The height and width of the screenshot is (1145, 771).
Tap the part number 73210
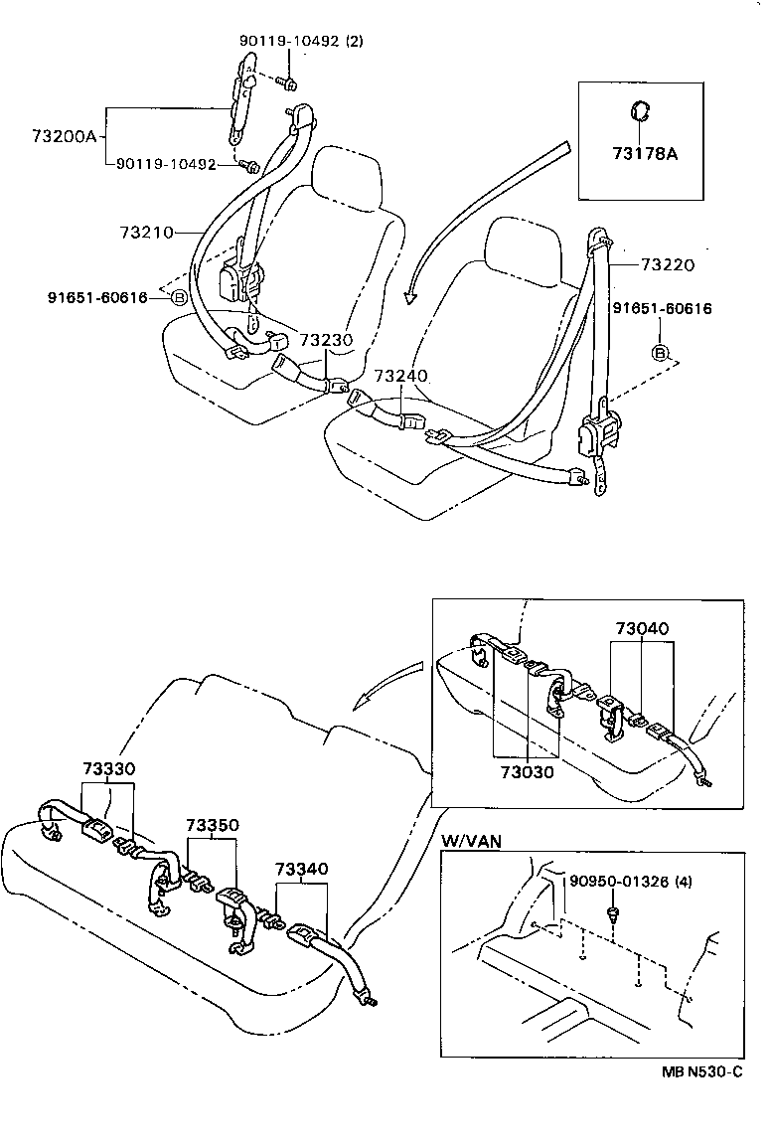(x=146, y=233)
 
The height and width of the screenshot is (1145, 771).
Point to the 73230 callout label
(x=326, y=340)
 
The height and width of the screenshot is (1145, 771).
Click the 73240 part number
(x=401, y=377)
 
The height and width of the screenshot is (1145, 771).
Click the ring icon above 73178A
(x=642, y=110)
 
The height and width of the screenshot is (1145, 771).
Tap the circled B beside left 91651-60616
(x=179, y=297)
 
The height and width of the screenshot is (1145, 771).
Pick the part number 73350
(x=211, y=826)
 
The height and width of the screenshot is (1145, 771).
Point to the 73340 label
(x=301, y=868)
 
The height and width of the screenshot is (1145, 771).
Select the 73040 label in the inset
(x=642, y=628)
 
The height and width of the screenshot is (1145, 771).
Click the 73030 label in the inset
(x=526, y=771)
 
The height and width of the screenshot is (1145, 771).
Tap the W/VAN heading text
(x=471, y=841)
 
